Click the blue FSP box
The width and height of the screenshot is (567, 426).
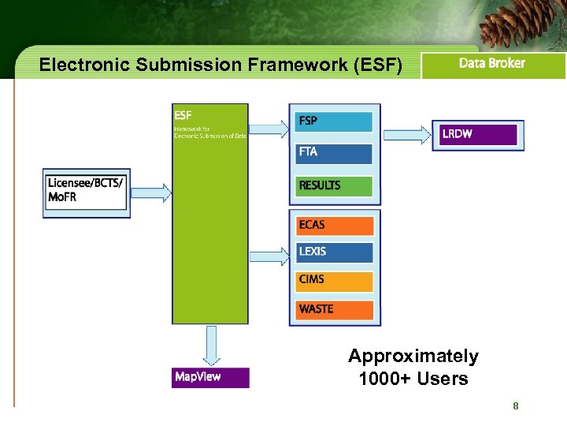click(334, 121)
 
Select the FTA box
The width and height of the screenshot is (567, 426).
click(334, 153)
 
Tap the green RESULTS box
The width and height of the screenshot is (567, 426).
click(334, 186)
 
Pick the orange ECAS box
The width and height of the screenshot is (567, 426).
click(335, 226)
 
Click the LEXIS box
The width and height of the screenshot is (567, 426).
click(335, 252)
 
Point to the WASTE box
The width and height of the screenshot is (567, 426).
click(335, 309)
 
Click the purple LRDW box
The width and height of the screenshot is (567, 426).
click(478, 134)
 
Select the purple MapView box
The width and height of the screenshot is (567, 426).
click(210, 377)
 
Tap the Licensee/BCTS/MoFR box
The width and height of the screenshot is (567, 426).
click(86, 191)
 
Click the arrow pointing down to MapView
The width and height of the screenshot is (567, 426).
click(210, 346)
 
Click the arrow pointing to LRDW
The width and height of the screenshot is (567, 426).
click(406, 134)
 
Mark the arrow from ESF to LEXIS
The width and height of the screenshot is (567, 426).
click(269, 256)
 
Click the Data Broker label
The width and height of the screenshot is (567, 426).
click(492, 64)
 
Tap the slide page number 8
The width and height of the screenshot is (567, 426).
click(515, 406)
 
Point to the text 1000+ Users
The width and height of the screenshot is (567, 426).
click(413, 379)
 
